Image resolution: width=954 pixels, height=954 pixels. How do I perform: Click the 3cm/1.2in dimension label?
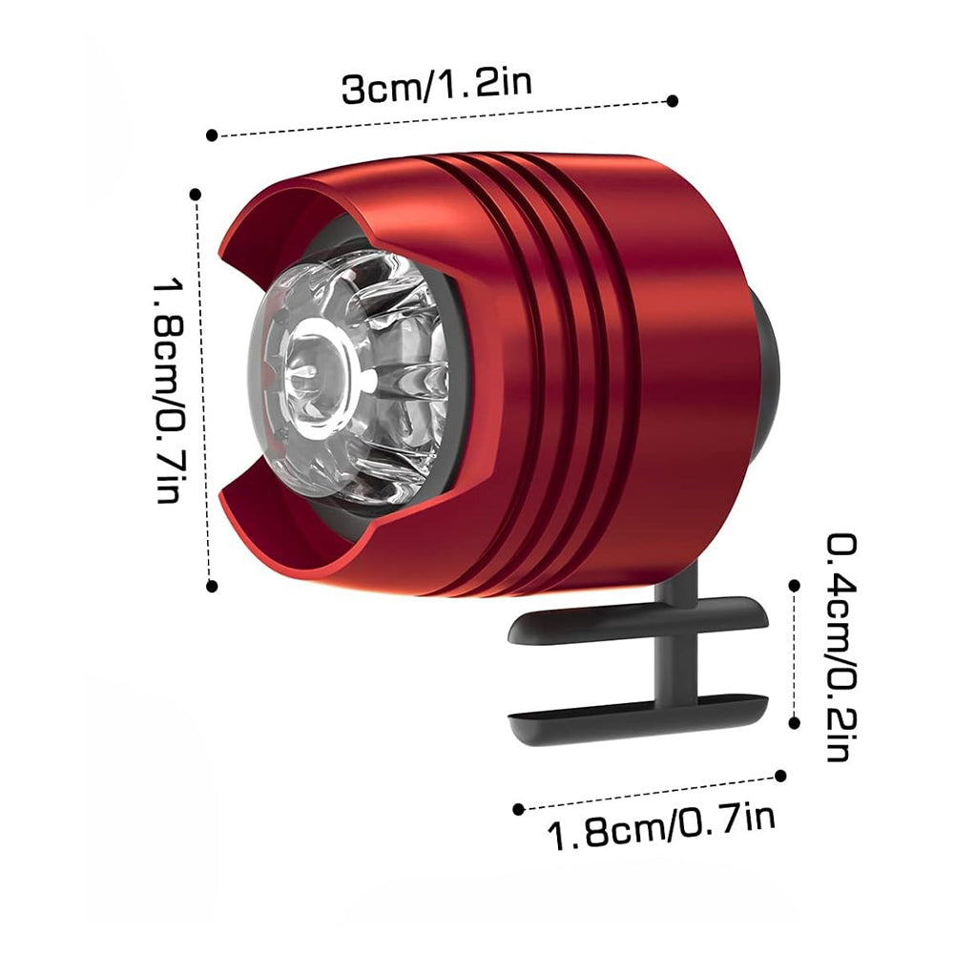click(x=437, y=87)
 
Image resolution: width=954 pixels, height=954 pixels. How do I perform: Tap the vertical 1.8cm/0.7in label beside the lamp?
click(x=169, y=389)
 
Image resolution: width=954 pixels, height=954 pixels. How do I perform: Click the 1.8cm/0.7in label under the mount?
click(x=662, y=826)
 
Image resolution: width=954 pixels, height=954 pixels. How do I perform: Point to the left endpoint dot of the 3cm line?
click(x=212, y=135)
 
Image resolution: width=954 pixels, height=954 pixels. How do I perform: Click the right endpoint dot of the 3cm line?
click(x=673, y=101)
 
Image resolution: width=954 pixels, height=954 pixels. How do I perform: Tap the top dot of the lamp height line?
click(x=196, y=195)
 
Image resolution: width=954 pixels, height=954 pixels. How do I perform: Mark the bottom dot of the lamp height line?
click(x=212, y=586)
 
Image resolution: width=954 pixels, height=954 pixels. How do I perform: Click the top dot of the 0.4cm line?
click(x=794, y=586)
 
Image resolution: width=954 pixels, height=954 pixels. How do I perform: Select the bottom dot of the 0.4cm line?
click(x=794, y=723)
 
